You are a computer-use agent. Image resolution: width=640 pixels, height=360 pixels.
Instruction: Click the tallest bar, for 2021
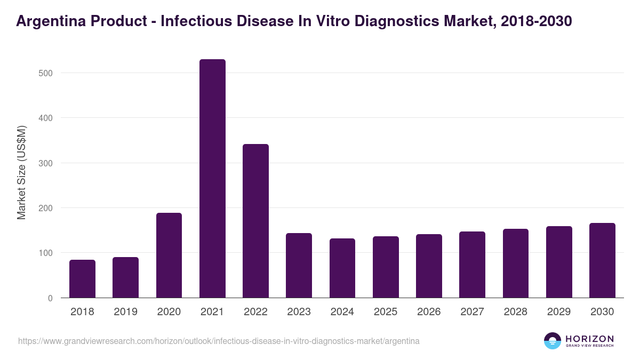[212, 179]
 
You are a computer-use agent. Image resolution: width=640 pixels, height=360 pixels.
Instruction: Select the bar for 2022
[255, 221]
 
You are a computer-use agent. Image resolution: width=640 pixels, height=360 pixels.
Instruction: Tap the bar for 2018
[82, 278]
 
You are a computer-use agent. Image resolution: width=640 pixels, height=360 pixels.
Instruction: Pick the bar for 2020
[169, 255]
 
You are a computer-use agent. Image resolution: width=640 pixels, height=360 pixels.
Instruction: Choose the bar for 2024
[342, 268]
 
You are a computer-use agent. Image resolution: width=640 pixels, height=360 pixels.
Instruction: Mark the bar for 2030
[602, 260]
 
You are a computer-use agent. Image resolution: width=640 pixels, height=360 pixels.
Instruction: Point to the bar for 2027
[472, 265]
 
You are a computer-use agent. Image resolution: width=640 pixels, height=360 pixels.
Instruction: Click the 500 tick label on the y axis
[46, 73]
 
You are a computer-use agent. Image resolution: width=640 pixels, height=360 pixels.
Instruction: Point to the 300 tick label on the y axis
[46, 163]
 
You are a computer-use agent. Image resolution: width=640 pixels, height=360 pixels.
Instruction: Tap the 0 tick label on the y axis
[50, 298]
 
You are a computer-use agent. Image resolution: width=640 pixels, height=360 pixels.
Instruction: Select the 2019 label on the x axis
[125, 312]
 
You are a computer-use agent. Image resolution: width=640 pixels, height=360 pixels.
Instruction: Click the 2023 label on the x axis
[299, 312]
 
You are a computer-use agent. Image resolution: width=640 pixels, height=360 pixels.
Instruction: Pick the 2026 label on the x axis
[429, 312]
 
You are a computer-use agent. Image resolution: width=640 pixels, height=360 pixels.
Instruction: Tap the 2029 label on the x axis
[559, 312]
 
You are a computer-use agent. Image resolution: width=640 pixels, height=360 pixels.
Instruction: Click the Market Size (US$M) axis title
[21, 172]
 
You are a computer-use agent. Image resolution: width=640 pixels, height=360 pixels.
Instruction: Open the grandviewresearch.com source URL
[219, 341]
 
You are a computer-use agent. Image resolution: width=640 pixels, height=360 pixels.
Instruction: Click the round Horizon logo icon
[553, 341]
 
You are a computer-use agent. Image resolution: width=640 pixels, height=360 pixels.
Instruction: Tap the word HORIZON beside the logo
[589, 338]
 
